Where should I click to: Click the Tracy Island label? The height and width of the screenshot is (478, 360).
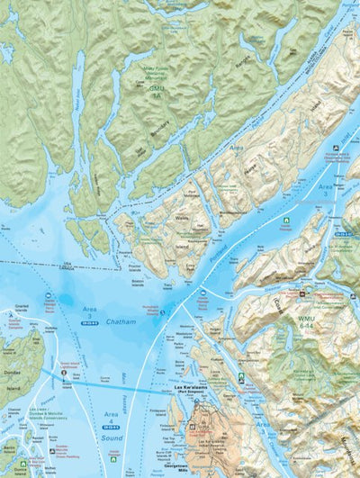(169, 287)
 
